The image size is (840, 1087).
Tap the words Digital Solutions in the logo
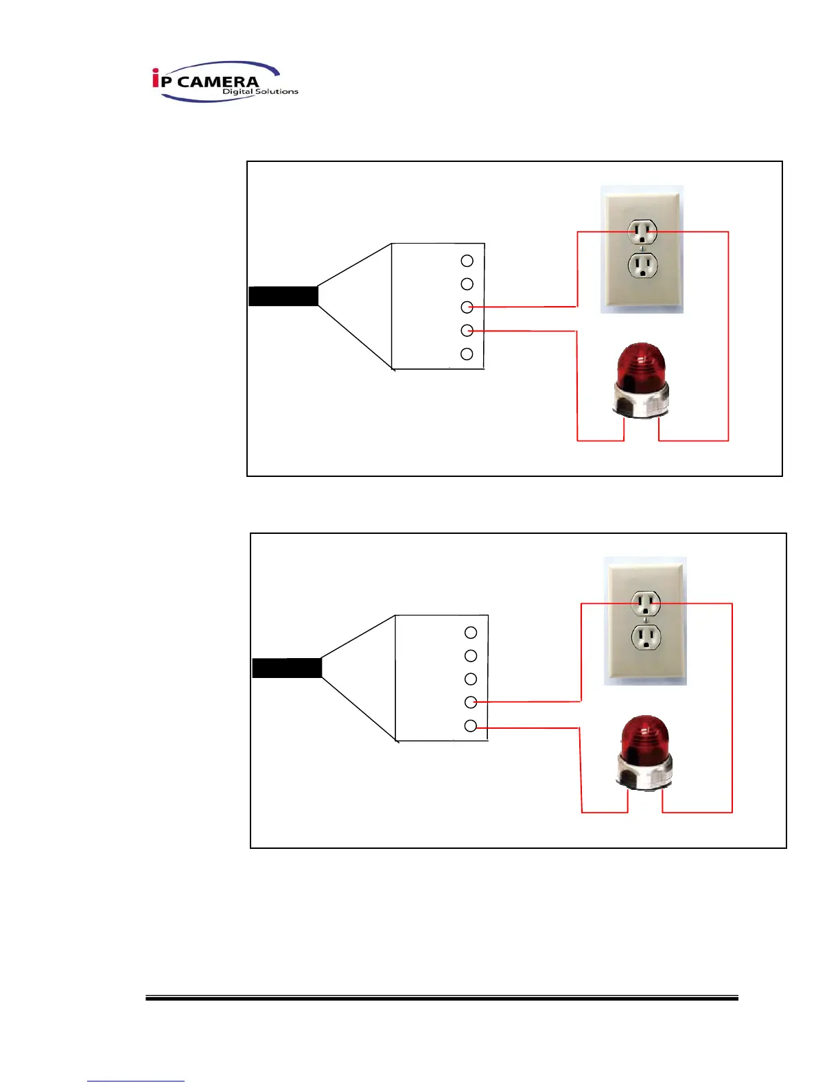point(260,91)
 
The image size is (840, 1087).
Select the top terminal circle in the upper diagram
point(467,261)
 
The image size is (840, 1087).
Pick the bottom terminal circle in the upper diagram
point(467,354)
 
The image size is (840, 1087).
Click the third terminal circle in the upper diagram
point(467,307)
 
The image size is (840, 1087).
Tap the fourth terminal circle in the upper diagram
point(467,331)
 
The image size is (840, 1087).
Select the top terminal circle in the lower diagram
point(471,633)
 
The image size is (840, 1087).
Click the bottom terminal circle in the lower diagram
point(471,726)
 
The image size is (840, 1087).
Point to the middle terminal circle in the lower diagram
point(471,679)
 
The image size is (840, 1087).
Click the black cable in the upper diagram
point(283,296)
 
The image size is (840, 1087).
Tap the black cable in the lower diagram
point(287,668)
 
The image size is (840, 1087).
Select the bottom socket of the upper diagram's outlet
point(642,264)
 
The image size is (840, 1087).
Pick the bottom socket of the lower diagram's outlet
point(646,637)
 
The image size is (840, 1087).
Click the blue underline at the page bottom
point(136,1081)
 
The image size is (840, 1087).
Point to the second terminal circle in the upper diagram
point(467,284)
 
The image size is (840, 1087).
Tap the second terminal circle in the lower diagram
point(471,656)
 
